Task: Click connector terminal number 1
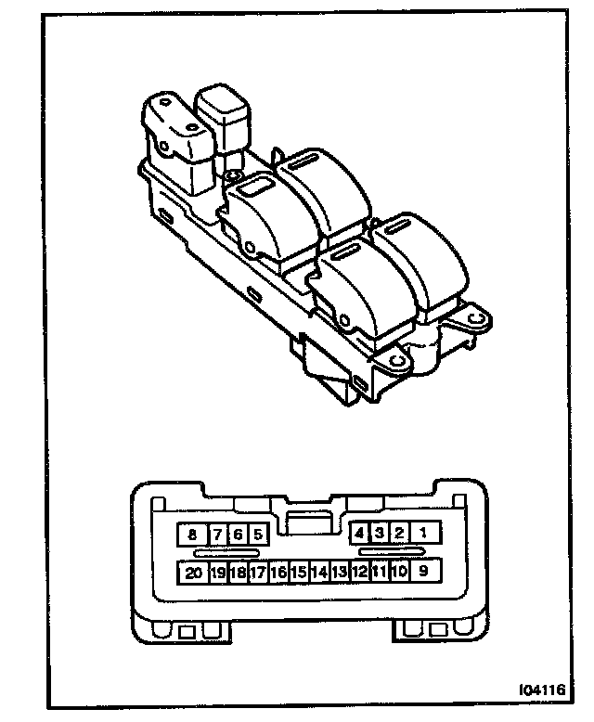424,533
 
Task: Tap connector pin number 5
257,534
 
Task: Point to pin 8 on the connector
193,534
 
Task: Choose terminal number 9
423,572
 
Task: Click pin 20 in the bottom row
193,573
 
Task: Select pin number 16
278,573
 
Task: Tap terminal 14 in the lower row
319,573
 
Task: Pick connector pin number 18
238,573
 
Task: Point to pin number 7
217,534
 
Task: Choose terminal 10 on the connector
399,573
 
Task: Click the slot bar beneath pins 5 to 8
226,552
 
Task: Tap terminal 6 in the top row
238,534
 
